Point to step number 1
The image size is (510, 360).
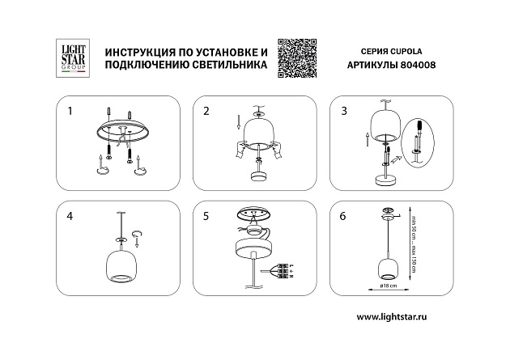coord(70,109)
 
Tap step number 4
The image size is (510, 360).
coord(70,216)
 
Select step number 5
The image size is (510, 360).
coord(206,216)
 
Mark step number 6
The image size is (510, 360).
coord(343,216)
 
